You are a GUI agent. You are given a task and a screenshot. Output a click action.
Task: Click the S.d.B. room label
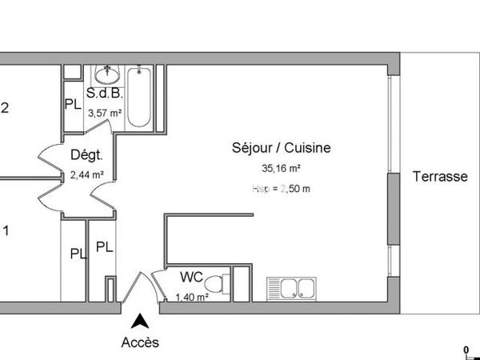104,94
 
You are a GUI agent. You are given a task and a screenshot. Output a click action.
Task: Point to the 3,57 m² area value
104,114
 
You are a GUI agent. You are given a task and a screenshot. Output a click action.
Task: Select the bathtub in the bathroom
139,98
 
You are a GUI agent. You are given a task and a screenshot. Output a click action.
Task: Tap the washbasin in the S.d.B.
106,74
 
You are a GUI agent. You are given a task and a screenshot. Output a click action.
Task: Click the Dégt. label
85,155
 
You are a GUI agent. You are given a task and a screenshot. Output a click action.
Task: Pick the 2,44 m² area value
86,174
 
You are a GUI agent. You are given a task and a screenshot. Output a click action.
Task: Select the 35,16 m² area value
281,169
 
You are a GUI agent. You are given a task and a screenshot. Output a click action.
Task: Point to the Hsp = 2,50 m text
281,189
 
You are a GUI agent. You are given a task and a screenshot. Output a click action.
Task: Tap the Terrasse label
440,177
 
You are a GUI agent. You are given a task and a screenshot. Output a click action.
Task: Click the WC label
191,277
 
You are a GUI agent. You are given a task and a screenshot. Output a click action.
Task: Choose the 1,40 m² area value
192,296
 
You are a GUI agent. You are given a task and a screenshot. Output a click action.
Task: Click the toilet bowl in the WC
214,284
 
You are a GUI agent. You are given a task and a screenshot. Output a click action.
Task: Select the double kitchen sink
294,288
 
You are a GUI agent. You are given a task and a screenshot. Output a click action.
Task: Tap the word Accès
140,342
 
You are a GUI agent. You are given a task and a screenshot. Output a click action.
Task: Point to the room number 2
5,109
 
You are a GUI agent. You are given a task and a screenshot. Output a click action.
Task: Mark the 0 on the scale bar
465,349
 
